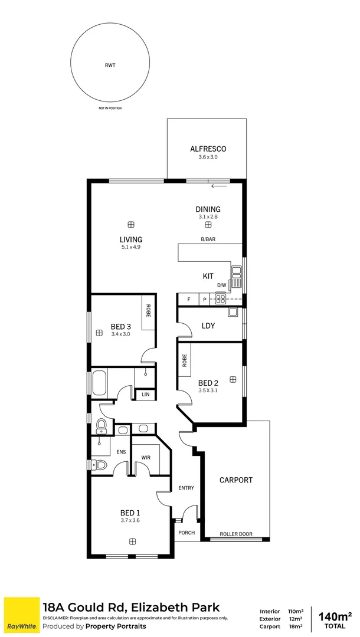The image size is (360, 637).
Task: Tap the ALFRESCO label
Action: (x=208, y=149)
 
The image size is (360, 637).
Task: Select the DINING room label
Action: (x=208, y=209)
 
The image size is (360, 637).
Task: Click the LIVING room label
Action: (x=130, y=239)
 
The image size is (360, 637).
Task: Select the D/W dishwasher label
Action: (x=221, y=285)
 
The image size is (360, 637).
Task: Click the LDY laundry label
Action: (x=207, y=325)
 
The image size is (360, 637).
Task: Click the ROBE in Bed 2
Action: (x=185, y=360)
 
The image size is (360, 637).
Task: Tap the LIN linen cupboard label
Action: (x=145, y=395)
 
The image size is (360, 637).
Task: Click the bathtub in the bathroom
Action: (x=99, y=382)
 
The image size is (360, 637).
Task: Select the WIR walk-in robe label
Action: (x=145, y=457)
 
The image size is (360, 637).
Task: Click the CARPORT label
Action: (x=235, y=480)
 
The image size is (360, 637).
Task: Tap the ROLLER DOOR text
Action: (x=235, y=534)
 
